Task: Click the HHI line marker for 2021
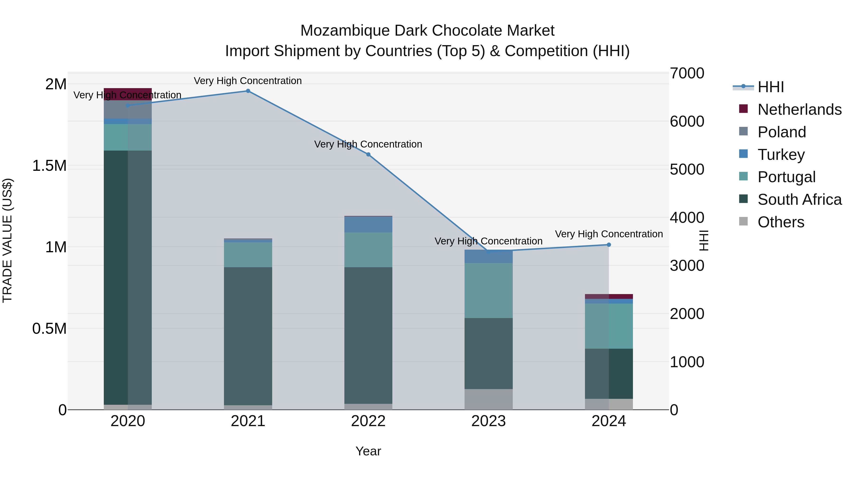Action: click(248, 91)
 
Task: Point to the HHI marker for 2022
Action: click(368, 154)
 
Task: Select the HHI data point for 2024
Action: click(609, 245)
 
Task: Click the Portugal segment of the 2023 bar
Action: click(488, 291)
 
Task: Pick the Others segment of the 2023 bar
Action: click(488, 399)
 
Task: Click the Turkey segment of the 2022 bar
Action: click(368, 224)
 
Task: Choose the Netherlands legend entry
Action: click(799, 110)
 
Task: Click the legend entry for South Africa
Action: click(799, 200)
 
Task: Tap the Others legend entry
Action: click(781, 222)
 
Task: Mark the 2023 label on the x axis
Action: click(488, 421)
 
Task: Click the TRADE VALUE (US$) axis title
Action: click(7, 240)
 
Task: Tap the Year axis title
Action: click(368, 451)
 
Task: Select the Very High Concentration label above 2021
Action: click(248, 81)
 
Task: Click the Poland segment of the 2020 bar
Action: click(128, 110)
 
